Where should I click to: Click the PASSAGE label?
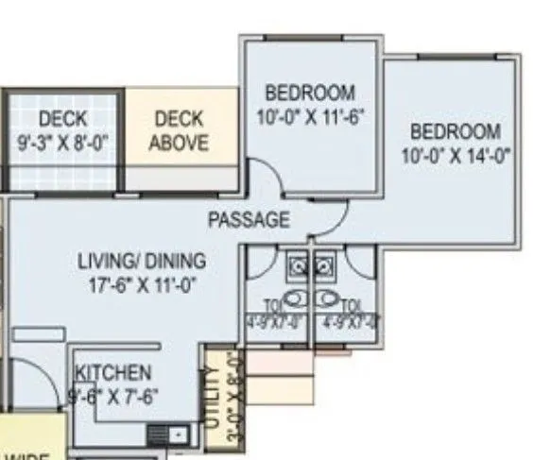click(x=249, y=221)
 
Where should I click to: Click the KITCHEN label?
click(x=112, y=372)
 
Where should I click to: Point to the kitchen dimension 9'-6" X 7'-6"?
click(x=112, y=398)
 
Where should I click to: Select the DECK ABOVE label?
click(x=180, y=131)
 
